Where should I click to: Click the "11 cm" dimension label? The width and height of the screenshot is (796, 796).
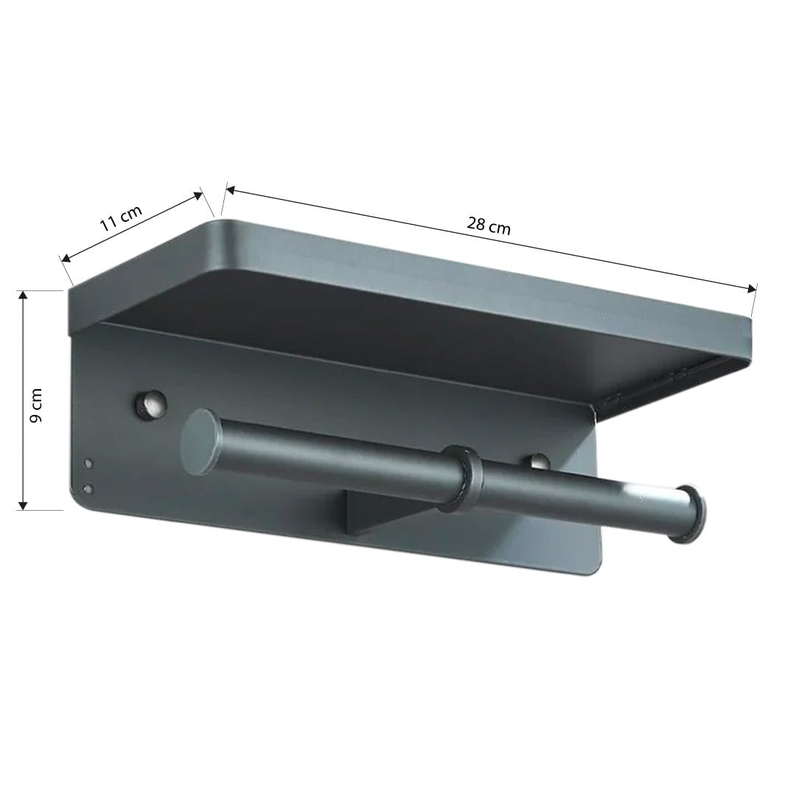click(x=121, y=219)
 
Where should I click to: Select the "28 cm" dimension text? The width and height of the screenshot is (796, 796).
click(x=488, y=225)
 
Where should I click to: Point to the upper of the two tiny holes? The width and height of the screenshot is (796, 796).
click(x=89, y=464)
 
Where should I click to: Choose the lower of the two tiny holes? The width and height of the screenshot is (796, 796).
click(x=88, y=488)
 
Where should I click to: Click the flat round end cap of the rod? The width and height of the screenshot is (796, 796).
click(x=199, y=442)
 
